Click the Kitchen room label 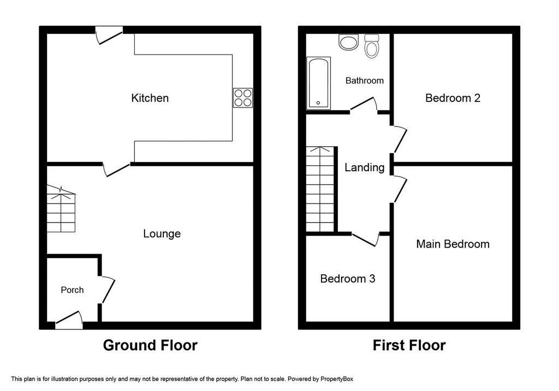[150, 98]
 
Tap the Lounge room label [162, 233]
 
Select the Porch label [72, 290]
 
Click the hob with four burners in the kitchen [243, 98]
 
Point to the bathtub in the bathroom [318, 83]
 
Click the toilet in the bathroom [371, 46]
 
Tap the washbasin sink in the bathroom [348, 43]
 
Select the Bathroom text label [364, 81]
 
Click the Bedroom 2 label [453, 98]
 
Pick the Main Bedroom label [453, 244]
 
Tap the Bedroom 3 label [348, 279]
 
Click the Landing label [364, 167]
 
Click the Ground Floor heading [150, 345]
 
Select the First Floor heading [409, 345]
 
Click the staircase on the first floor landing [320, 189]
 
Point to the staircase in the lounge [61, 209]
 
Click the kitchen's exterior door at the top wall [109, 35]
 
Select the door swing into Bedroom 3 [365, 239]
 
